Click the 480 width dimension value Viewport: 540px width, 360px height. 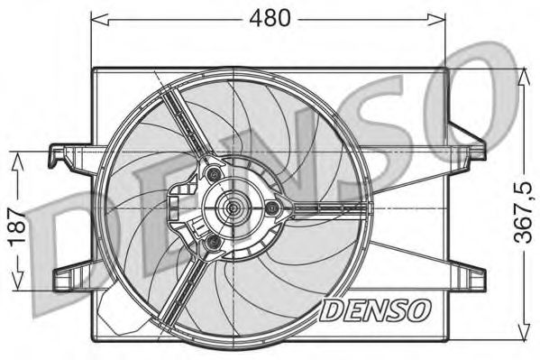click(270, 18)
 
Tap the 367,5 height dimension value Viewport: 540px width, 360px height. click(523, 212)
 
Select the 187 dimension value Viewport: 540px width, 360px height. click(17, 226)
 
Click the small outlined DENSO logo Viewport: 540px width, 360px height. click(375, 310)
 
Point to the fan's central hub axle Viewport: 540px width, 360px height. click(233, 208)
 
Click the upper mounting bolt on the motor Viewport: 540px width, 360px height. click(215, 174)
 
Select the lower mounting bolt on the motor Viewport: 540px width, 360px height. click(212, 243)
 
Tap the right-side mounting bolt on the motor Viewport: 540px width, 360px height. click(272, 208)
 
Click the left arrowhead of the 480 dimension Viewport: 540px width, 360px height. click(99, 19)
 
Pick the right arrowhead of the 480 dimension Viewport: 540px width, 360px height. click(436, 19)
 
